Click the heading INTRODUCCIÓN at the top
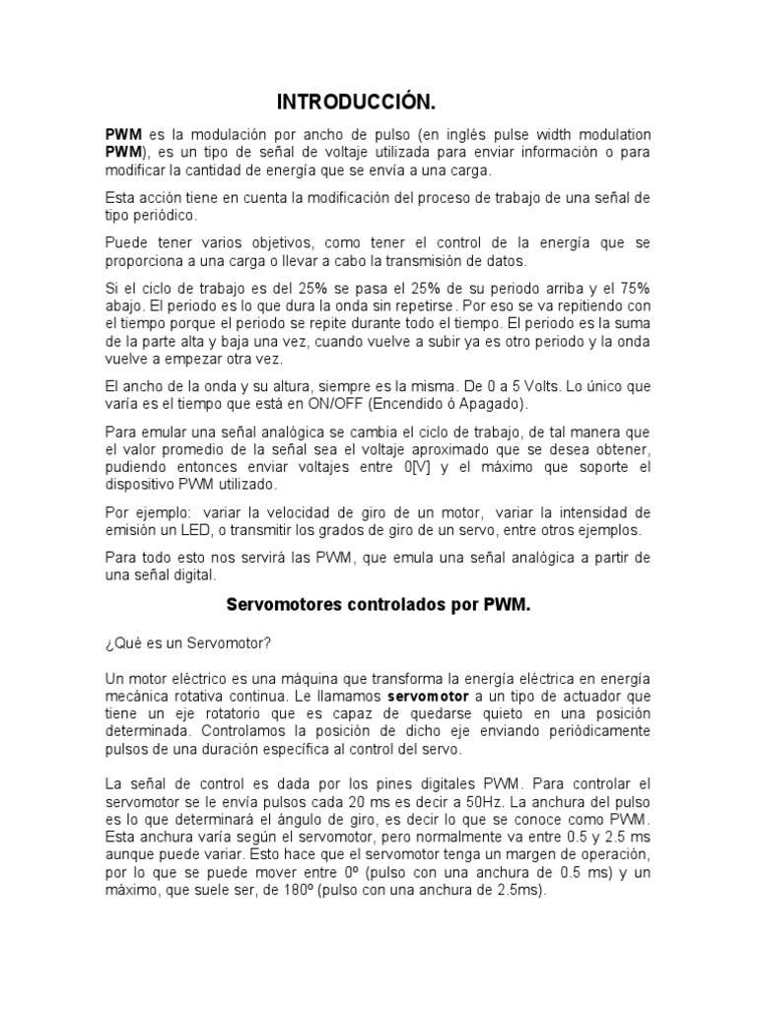(355, 102)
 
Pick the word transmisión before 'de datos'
(447, 261)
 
